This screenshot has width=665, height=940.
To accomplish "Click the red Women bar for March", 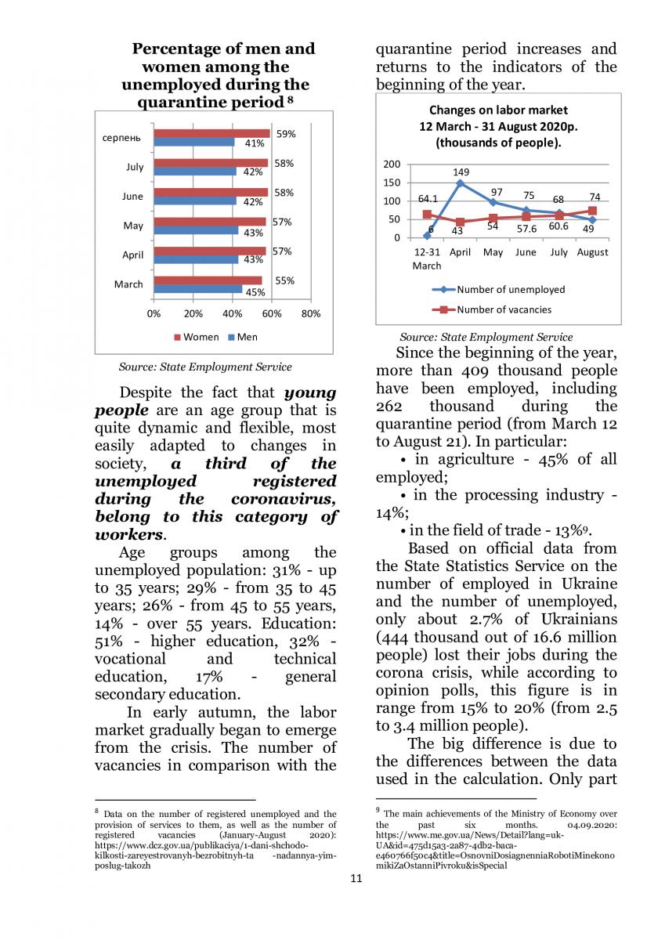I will (x=208, y=280).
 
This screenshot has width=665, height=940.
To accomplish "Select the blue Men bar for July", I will (x=194, y=172).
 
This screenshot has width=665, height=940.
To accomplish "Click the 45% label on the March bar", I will (x=255, y=292).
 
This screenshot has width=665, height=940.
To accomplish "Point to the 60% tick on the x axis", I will (x=271, y=314).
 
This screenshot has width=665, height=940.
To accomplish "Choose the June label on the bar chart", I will (x=132, y=197).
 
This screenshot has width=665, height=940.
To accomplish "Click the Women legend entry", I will (x=196, y=337).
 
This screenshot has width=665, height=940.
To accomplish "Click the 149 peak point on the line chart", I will (x=460, y=183).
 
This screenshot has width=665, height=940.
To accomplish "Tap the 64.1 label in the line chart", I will (x=428, y=199).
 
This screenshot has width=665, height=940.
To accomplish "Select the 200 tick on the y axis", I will (x=392, y=164).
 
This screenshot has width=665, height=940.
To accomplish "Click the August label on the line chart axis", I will (x=592, y=252).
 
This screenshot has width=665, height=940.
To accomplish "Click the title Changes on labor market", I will (x=498, y=110).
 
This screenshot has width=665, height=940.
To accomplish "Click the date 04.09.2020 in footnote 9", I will (x=588, y=826).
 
